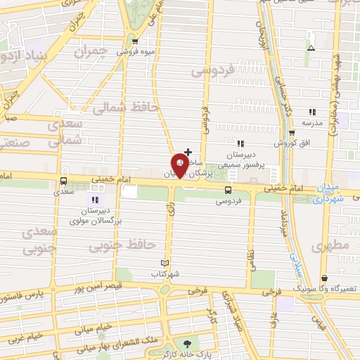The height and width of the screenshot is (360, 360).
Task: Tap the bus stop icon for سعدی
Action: pos(64,181)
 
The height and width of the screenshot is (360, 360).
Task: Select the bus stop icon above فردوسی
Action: pos(228,190)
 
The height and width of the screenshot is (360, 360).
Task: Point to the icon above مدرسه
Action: pos(312,112)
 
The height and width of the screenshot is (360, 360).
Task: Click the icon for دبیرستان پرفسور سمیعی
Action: pos(240,143)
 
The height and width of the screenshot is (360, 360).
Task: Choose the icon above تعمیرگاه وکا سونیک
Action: pos(323,278)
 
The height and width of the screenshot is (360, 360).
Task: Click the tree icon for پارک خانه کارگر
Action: pos(187,343)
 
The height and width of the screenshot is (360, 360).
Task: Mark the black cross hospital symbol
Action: pos(188,151)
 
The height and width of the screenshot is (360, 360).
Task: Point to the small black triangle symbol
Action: pos(311,48)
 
